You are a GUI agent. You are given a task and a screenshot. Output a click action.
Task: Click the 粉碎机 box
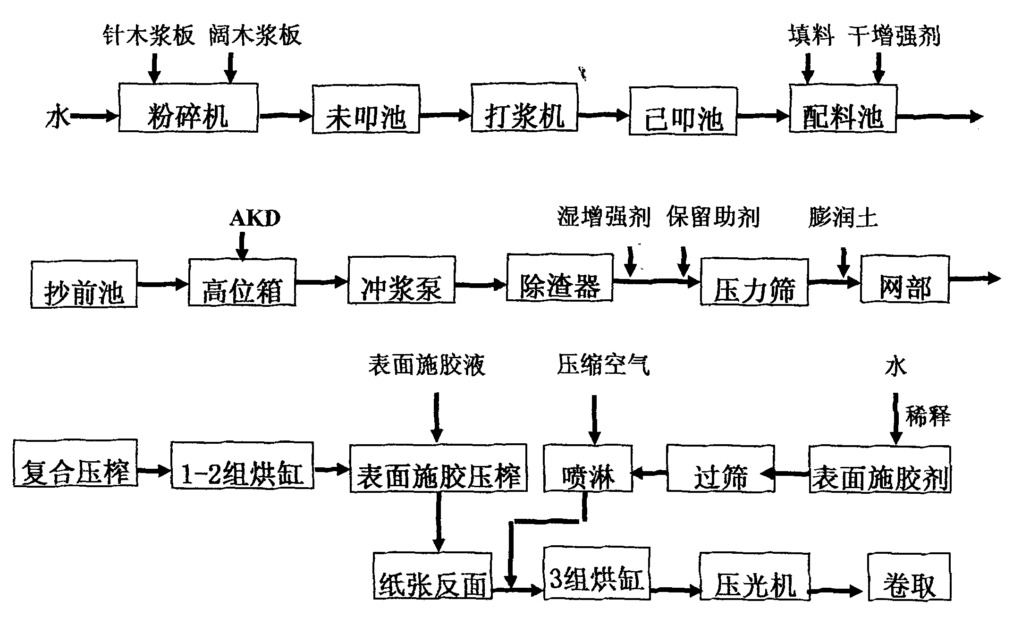(x=188, y=108)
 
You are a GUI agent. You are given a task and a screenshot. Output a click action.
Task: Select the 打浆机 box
(x=524, y=108)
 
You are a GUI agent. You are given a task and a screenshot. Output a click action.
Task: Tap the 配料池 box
(x=843, y=109)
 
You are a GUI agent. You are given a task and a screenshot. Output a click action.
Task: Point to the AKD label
(x=255, y=219)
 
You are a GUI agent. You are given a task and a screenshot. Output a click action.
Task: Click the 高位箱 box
(x=242, y=282)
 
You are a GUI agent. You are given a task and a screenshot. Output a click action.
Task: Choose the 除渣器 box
(x=559, y=278)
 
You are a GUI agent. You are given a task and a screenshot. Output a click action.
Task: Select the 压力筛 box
(x=754, y=282)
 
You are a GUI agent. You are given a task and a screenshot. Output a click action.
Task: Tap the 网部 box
(x=904, y=279)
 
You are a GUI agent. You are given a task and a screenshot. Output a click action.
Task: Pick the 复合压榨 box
(x=76, y=463)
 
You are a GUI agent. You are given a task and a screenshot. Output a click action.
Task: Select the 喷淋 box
(x=588, y=468)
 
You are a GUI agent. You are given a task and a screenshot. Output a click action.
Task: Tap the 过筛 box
(x=720, y=468)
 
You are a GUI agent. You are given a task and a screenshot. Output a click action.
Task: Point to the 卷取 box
(x=909, y=576)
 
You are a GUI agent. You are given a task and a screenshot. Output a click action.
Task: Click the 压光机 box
(x=754, y=576)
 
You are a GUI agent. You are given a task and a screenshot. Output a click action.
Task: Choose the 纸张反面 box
(x=432, y=576)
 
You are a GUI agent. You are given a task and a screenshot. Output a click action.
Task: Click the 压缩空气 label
(x=603, y=365)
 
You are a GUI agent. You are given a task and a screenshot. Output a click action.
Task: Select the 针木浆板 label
(x=149, y=36)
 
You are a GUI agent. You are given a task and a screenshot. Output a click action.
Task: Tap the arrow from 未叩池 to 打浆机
(x=445, y=115)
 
